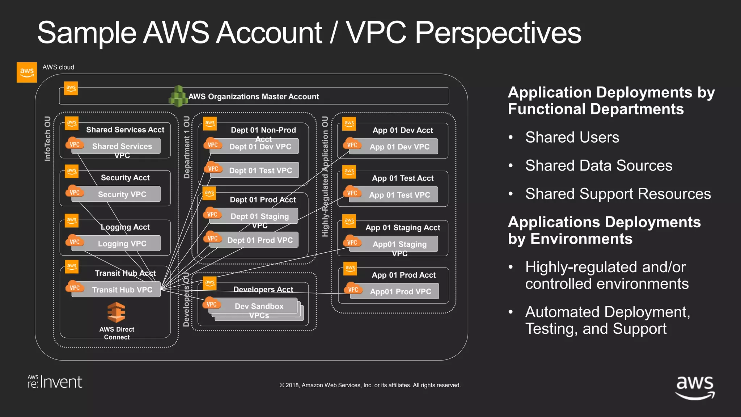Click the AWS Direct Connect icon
pyautogui.click(x=116, y=312)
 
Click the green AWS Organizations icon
pyautogui.click(x=178, y=96)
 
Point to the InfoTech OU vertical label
pyautogui.click(x=47, y=139)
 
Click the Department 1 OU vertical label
pyautogui.click(x=187, y=147)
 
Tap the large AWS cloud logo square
pyautogui.click(x=27, y=72)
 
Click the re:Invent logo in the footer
pyautogui.click(x=55, y=382)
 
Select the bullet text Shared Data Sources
pyautogui.click(x=598, y=166)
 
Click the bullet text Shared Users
pyautogui.click(x=572, y=138)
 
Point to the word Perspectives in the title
pyautogui.click(x=498, y=33)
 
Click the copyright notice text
pyautogui.click(x=370, y=385)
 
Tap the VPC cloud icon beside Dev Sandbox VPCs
pyautogui.click(x=212, y=304)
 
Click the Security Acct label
pyautogui.click(x=125, y=178)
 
